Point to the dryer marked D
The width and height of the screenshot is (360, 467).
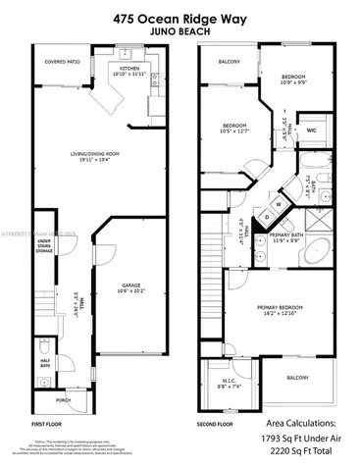[x=266, y=217]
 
